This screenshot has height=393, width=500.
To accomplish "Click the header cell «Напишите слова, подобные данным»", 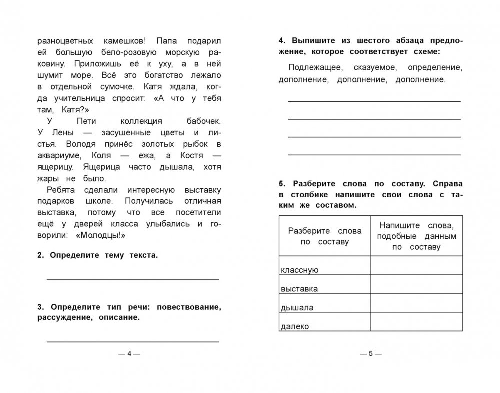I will (x=416, y=235).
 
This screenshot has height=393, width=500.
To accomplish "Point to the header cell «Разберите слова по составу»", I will (x=324, y=235).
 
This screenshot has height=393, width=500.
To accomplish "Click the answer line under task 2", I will (x=133, y=279).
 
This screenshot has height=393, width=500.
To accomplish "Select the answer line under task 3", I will (x=133, y=341).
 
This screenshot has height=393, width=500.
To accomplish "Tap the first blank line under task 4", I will (x=374, y=101).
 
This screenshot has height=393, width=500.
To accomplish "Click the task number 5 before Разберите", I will (x=281, y=184).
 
